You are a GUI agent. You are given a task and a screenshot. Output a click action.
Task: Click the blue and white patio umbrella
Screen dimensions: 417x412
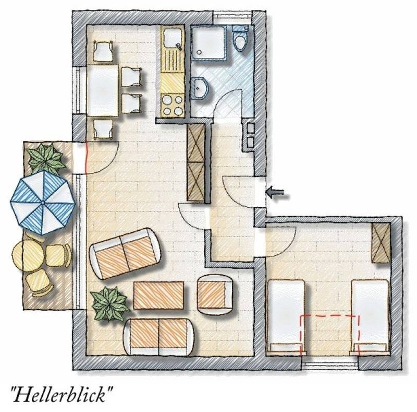pos(43,203)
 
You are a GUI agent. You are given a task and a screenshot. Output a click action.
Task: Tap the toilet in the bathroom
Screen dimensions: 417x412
pos(240,38)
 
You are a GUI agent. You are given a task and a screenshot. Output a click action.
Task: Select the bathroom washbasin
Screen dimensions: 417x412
pos(200,88)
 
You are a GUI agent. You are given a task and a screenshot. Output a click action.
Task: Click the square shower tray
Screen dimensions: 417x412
pos(209,43)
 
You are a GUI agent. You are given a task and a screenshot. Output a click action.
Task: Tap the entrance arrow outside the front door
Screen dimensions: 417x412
pos(275,192)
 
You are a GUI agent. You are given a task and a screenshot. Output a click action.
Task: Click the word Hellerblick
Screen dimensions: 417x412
pos(62,394)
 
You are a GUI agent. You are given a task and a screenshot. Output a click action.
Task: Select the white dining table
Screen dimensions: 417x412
pos(103,90)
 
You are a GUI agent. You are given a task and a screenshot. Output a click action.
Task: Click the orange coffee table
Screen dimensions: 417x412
pos(158,295)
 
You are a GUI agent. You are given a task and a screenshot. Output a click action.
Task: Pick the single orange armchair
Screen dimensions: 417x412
pos(215,295)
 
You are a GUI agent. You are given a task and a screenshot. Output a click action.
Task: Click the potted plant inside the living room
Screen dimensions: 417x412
pos(109,304)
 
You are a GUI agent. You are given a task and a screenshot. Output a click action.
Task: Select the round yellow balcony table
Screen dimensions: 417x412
pos(27,255)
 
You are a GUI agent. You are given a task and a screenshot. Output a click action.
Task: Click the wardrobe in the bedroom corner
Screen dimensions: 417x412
pos(381,243)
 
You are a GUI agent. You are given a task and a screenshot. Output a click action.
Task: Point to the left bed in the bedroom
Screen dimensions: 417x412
pos(286,317)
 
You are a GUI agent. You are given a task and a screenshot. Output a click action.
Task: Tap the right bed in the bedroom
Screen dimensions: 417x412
pos(370,317)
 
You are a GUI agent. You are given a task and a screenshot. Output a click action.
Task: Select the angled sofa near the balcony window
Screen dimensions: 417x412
pos(125,253)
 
